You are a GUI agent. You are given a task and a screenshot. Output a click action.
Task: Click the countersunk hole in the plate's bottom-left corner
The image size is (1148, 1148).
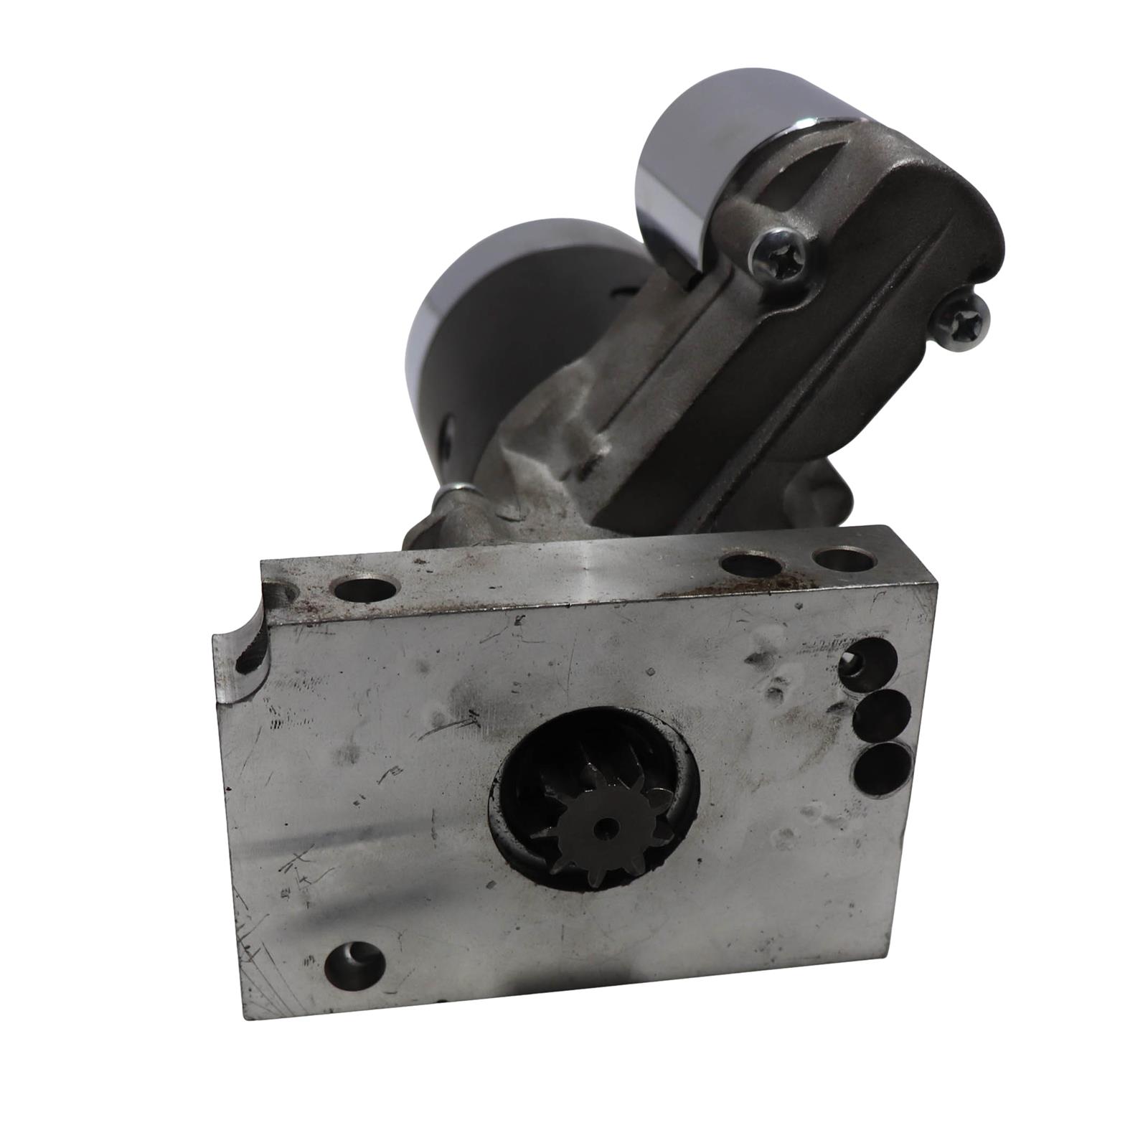pyautogui.click(x=354, y=961)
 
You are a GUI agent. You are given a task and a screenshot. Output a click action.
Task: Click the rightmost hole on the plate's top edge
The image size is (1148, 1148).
pyautogui.click(x=842, y=557)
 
